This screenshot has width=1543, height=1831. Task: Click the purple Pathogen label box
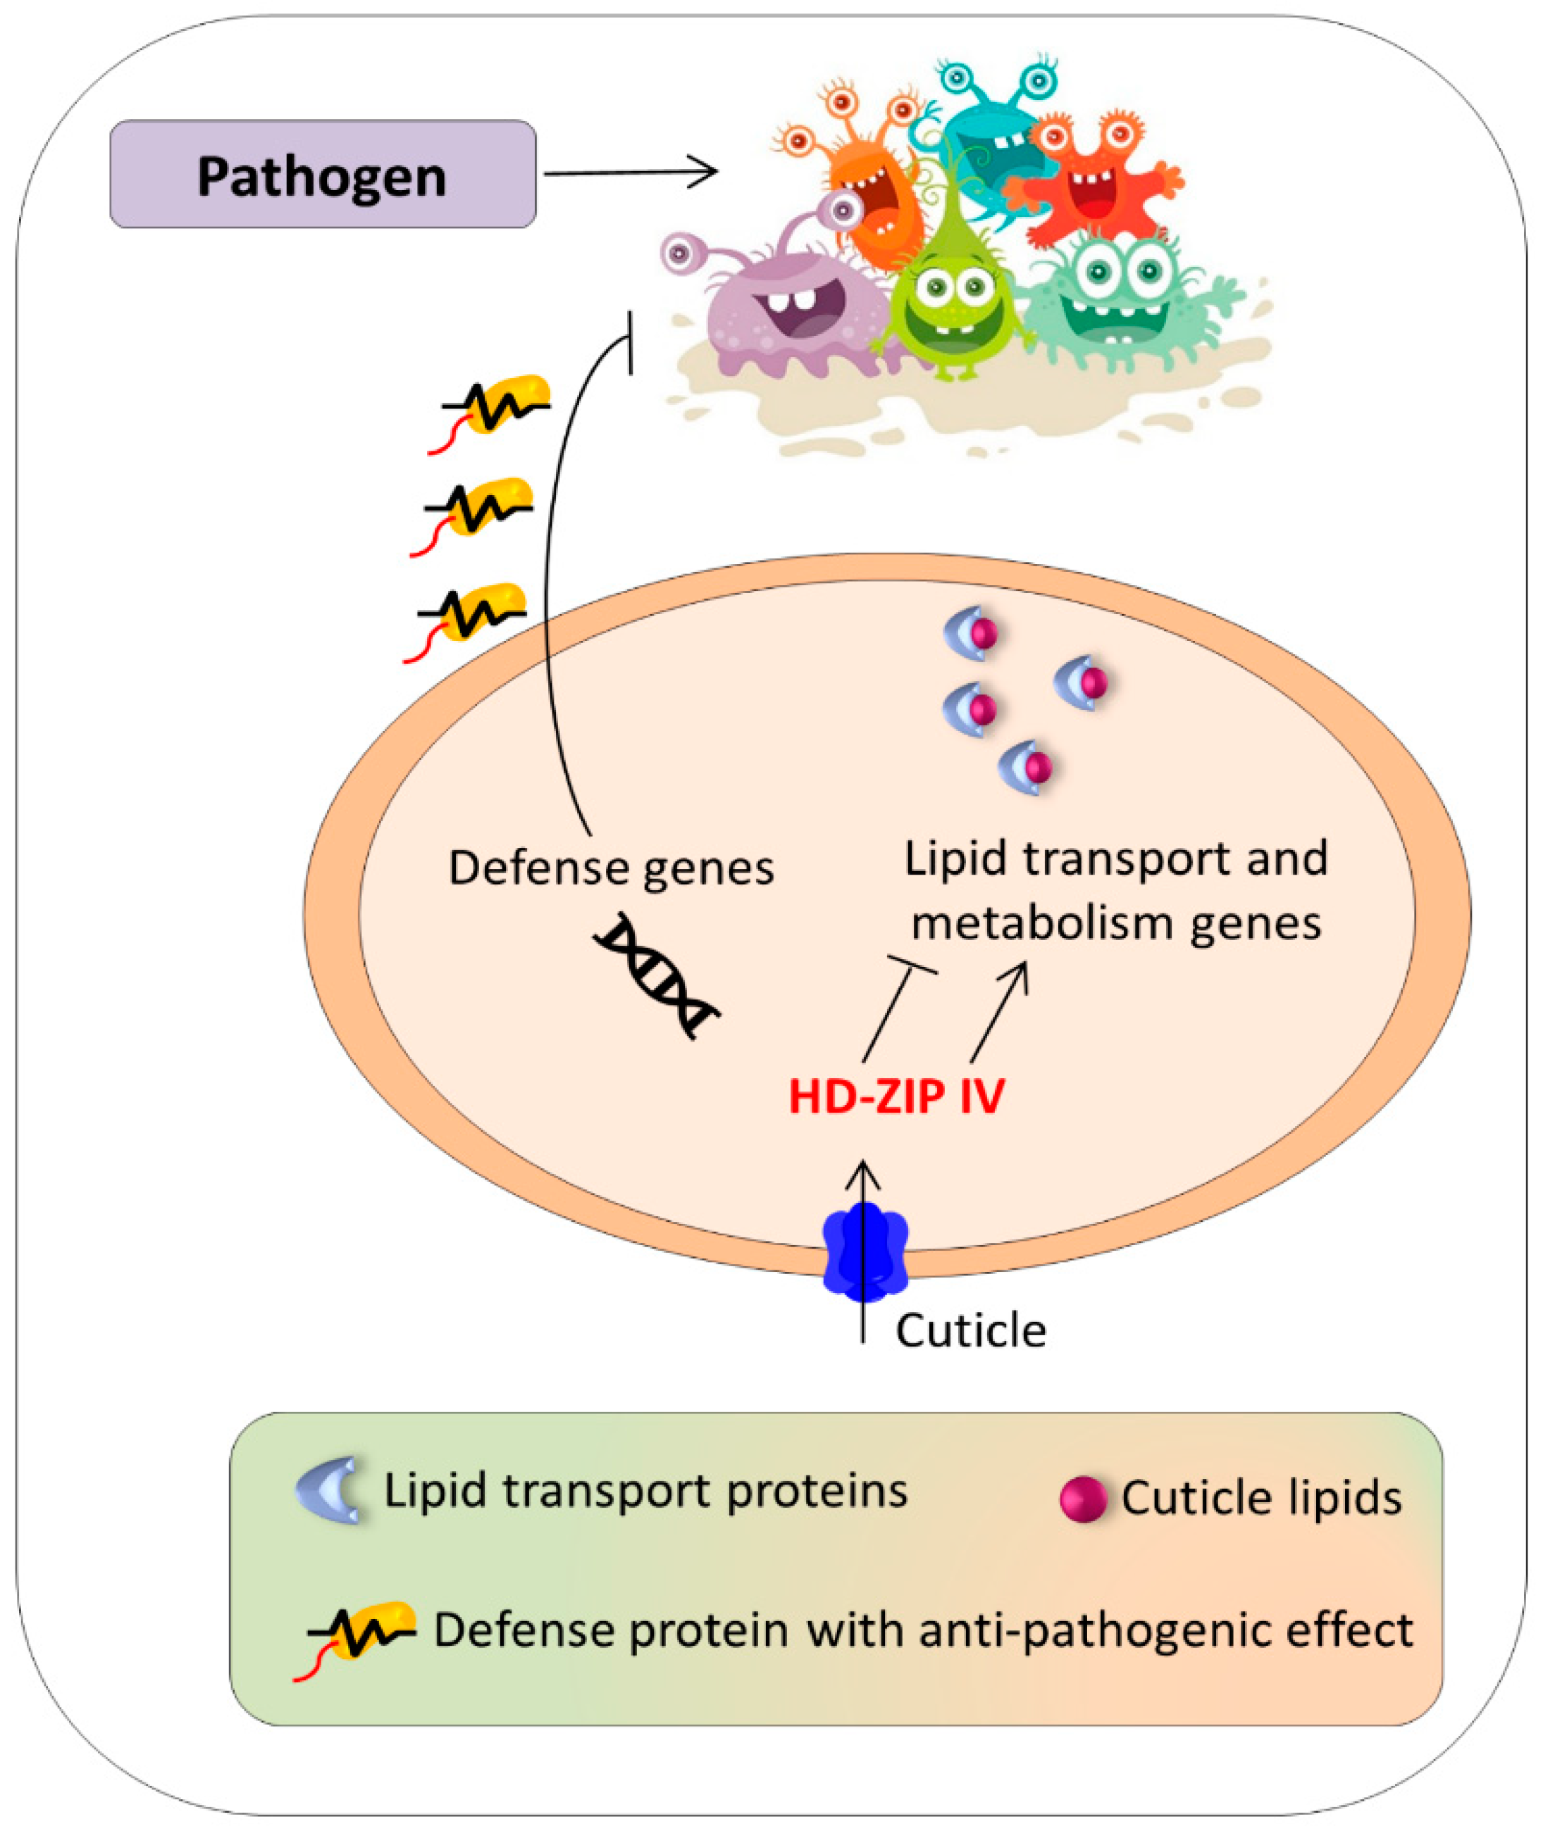click(x=322, y=174)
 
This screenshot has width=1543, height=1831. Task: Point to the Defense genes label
click(x=611, y=869)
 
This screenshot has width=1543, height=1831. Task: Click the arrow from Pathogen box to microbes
click(x=630, y=173)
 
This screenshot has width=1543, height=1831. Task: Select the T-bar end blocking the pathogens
click(x=630, y=343)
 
